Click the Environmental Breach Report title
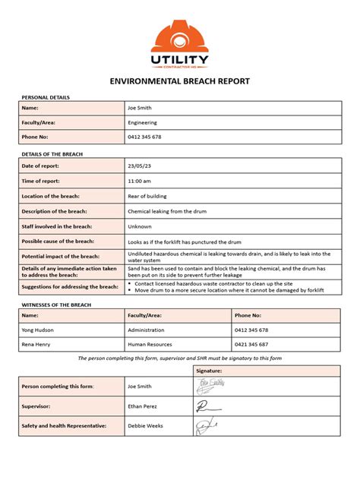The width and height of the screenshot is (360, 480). click(x=179, y=81)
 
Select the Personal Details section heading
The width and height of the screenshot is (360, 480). click(x=45, y=98)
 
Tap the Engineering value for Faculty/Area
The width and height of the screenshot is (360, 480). click(x=144, y=122)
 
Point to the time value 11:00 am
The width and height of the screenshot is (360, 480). click(x=141, y=181)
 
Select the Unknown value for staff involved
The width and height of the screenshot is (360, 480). click(x=140, y=226)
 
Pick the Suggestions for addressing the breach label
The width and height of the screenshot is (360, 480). click(x=69, y=286)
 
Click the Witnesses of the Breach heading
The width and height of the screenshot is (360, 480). click(x=57, y=304)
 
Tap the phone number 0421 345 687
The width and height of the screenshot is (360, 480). click(x=251, y=345)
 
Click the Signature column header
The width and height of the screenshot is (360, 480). click(x=210, y=371)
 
